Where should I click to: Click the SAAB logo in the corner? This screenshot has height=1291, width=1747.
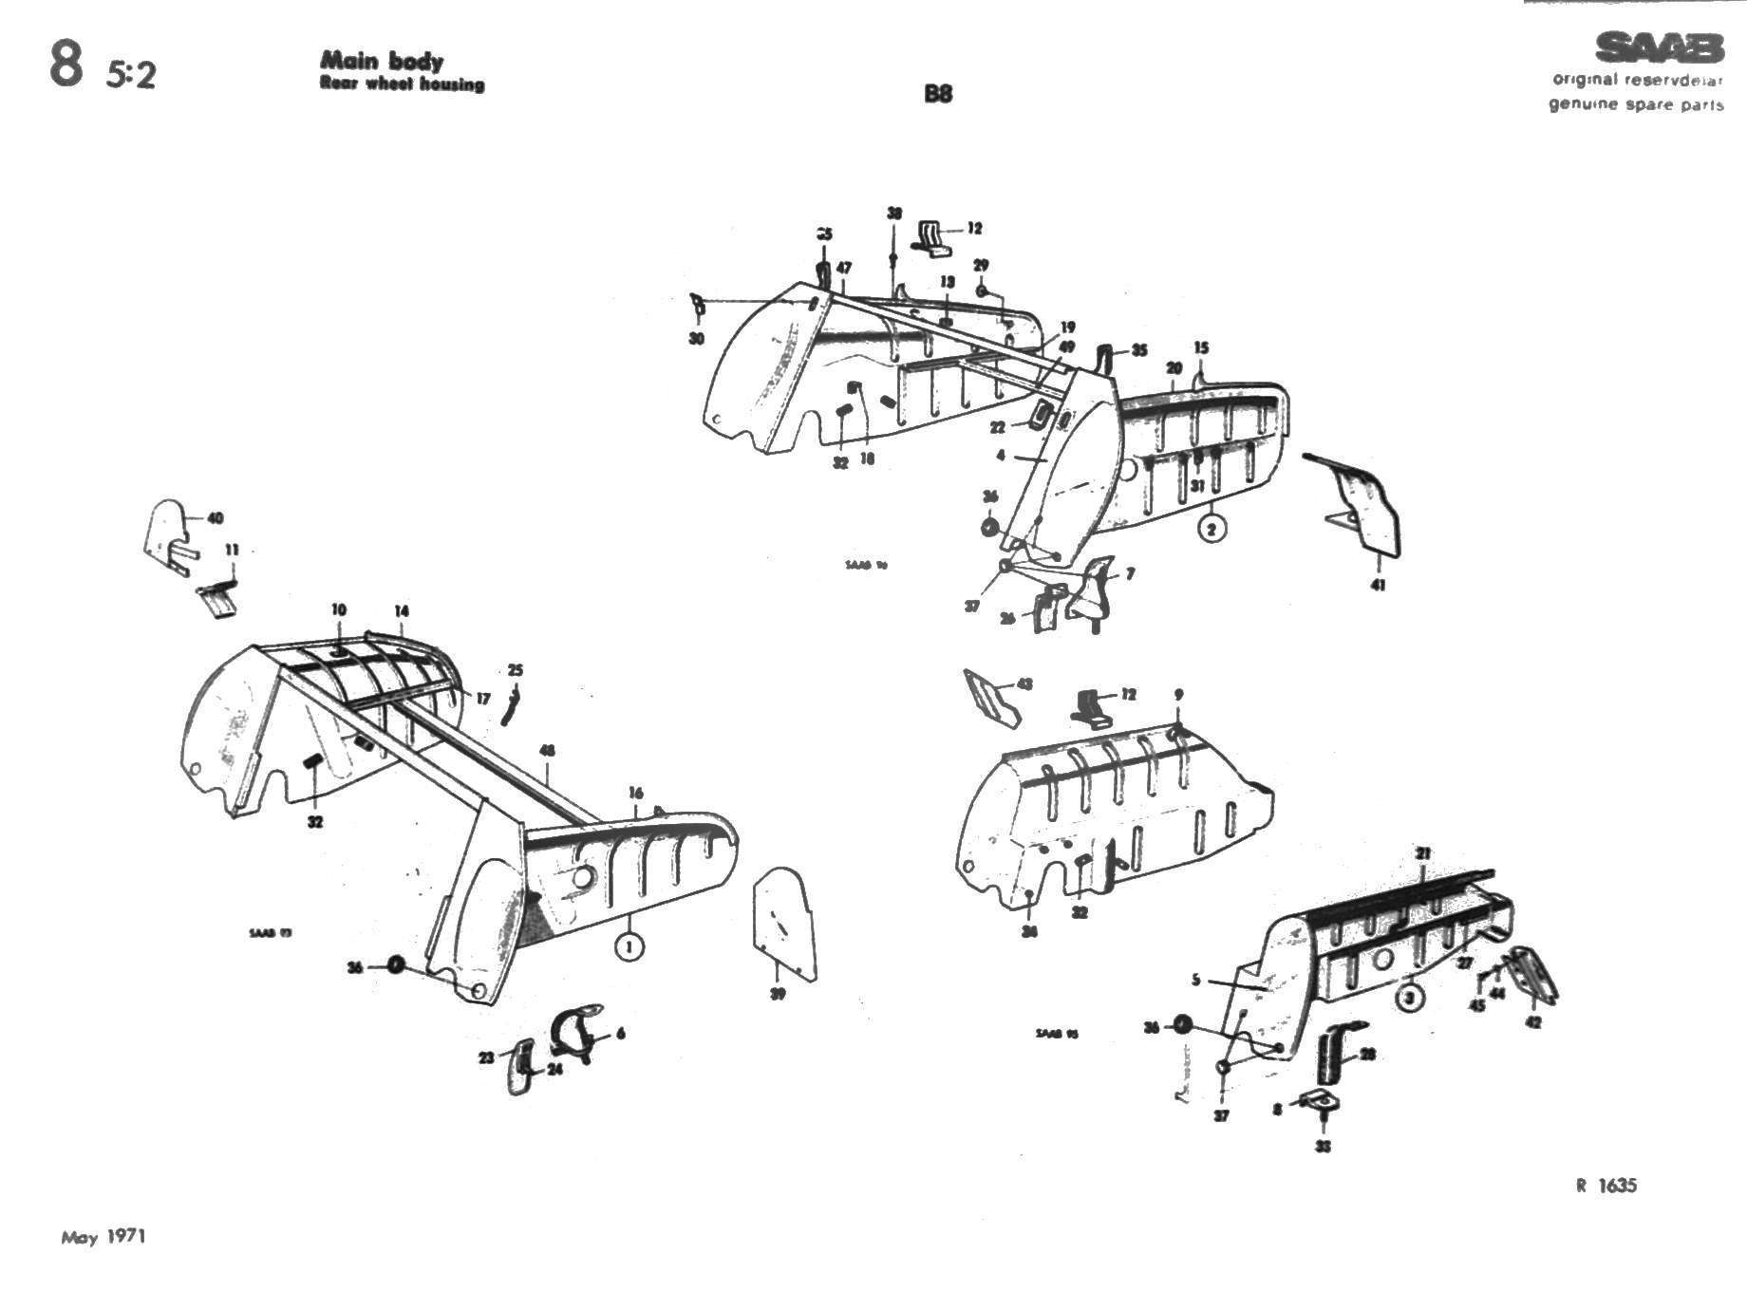point(1659,47)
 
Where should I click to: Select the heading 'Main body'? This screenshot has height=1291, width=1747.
point(382,61)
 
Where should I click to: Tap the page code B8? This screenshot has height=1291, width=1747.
point(937,94)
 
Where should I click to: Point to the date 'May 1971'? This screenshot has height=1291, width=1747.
point(103,1237)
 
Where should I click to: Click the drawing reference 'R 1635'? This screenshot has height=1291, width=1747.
point(1606,1185)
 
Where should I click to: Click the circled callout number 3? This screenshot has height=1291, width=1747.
point(1410,998)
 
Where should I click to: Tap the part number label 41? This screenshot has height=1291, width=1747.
point(1378,585)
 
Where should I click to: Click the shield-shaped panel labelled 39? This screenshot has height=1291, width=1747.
point(784,921)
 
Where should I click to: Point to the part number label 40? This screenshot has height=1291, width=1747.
point(216,518)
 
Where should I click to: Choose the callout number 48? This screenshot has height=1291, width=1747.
point(547,751)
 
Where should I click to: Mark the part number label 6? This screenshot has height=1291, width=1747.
point(621,1033)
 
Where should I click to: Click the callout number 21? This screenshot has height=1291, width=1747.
point(1422,854)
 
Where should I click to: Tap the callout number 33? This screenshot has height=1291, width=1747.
point(1324,1147)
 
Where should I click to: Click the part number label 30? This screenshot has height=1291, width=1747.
point(696,339)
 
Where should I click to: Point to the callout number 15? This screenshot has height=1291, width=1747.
point(1201,348)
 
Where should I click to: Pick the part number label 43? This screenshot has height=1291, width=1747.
point(1024,683)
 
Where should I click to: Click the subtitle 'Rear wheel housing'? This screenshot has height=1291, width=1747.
point(403,84)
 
